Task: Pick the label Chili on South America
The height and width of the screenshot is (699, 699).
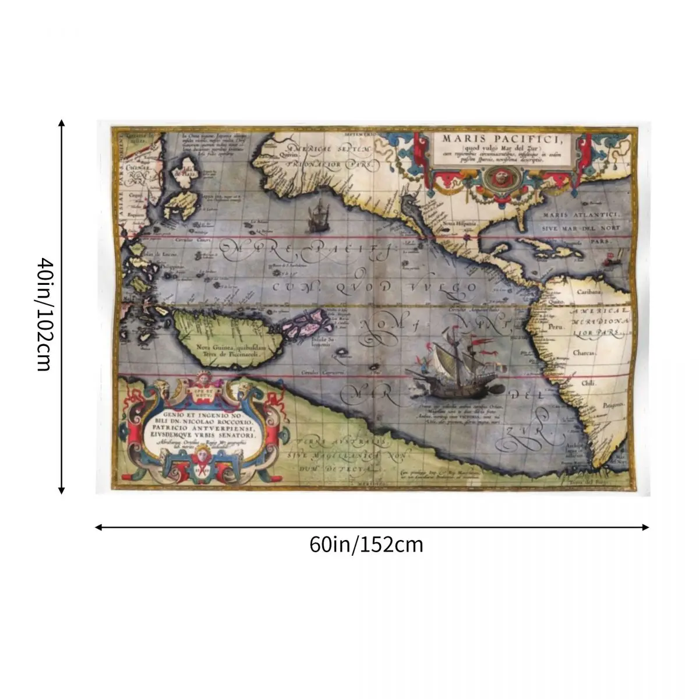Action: click(587, 383)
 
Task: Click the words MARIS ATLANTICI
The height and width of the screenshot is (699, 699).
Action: click(583, 215)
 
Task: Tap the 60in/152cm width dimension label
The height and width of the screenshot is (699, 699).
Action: click(366, 545)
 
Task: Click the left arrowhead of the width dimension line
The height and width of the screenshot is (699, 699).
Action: click(98, 528)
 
